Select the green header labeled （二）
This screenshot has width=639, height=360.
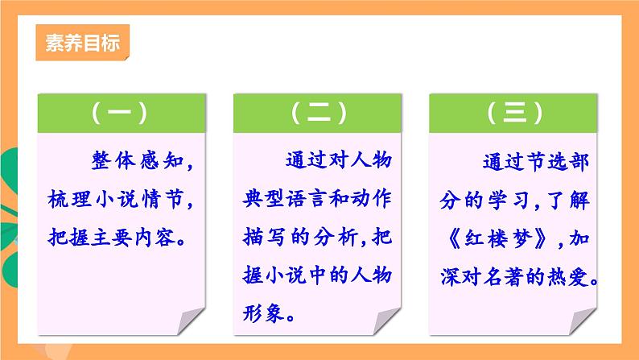pyautogui.click(x=319, y=113)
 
